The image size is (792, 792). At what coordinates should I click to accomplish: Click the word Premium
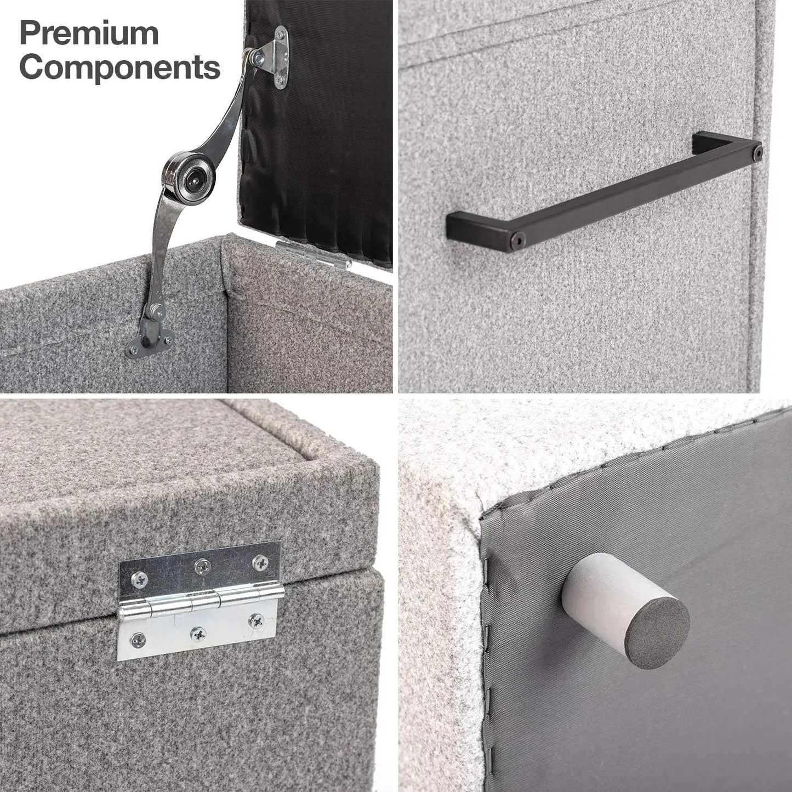89,33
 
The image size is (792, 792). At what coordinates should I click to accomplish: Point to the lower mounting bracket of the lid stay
150,340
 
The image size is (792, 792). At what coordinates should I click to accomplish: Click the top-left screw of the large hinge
139,579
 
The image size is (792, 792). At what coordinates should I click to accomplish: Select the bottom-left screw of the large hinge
138,640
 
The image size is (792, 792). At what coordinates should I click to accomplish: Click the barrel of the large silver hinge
201,602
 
